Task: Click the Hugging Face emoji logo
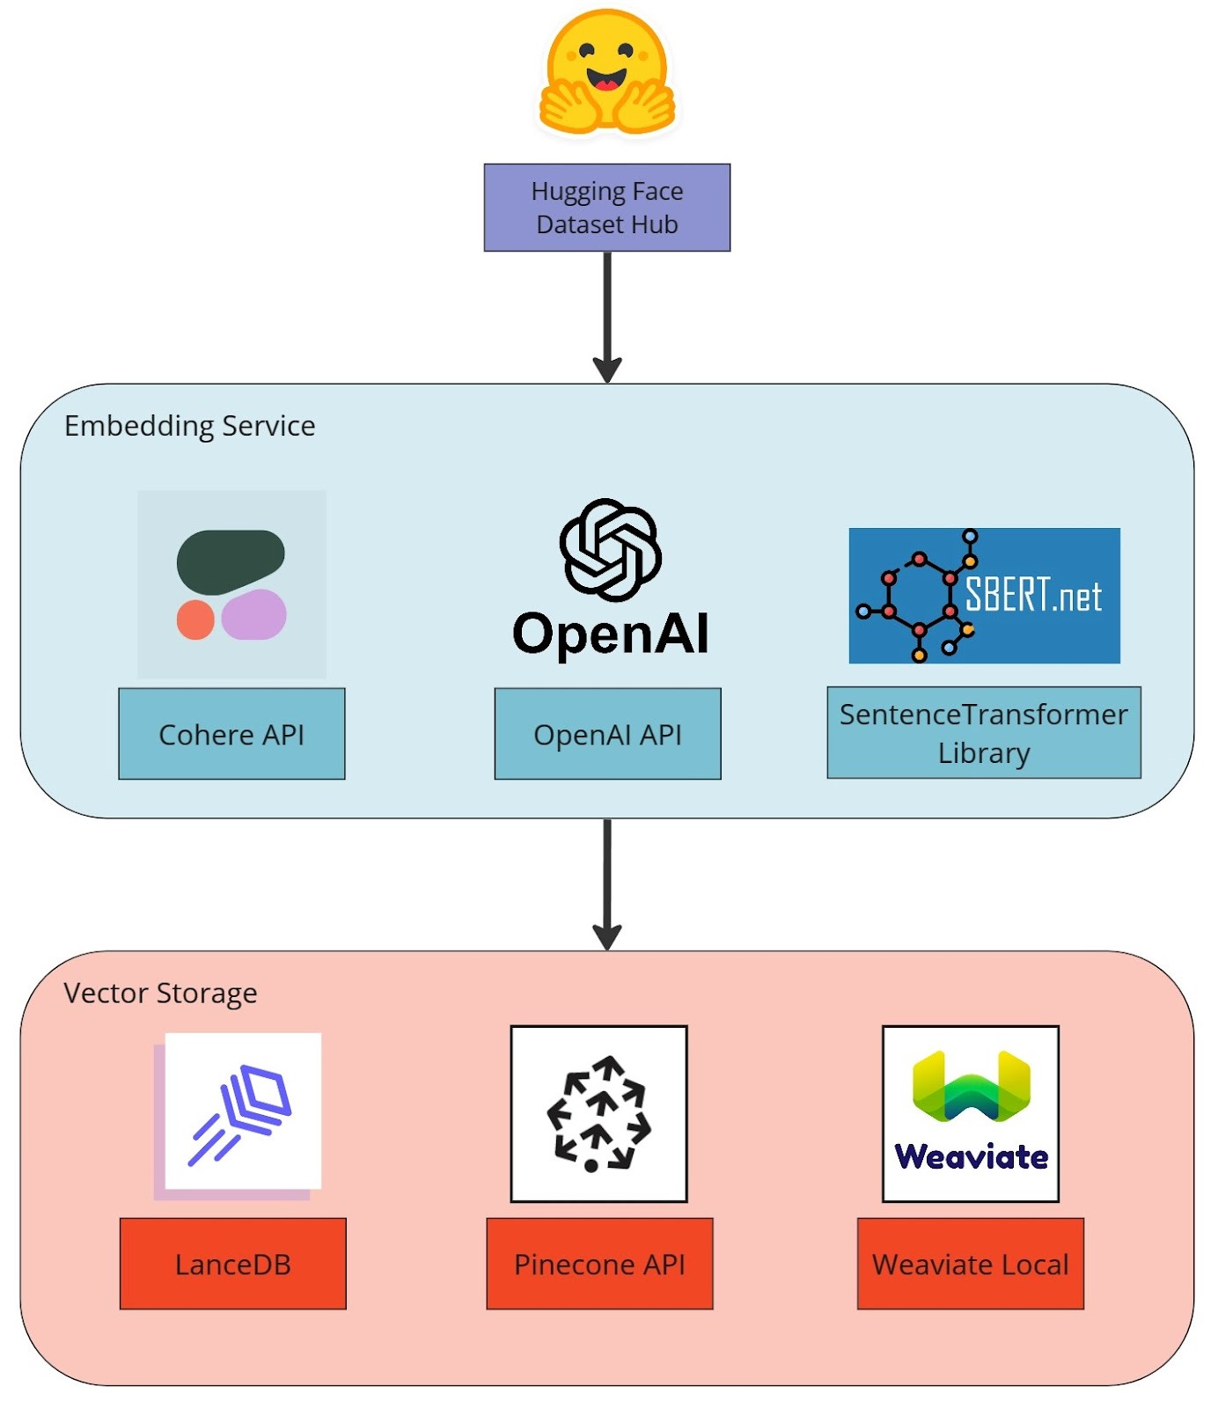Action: (x=607, y=72)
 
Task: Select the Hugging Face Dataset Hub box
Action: (x=607, y=208)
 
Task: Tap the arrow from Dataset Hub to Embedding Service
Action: (x=607, y=317)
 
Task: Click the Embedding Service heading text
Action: (x=189, y=426)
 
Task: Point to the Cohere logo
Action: (x=231, y=584)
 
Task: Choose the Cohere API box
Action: (x=231, y=734)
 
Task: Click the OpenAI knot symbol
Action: (x=610, y=550)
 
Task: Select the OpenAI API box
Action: (x=607, y=734)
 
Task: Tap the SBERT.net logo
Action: (x=984, y=596)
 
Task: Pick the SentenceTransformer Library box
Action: (x=984, y=733)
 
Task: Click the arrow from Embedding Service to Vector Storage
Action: (x=607, y=884)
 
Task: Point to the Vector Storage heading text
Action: (x=160, y=994)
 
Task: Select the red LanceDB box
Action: (x=232, y=1264)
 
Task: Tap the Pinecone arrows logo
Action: (x=598, y=1113)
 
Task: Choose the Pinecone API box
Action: (x=599, y=1264)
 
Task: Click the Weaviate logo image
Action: (x=971, y=1113)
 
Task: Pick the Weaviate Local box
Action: (x=970, y=1264)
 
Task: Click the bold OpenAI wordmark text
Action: (x=611, y=634)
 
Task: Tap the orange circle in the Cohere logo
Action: (x=195, y=620)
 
